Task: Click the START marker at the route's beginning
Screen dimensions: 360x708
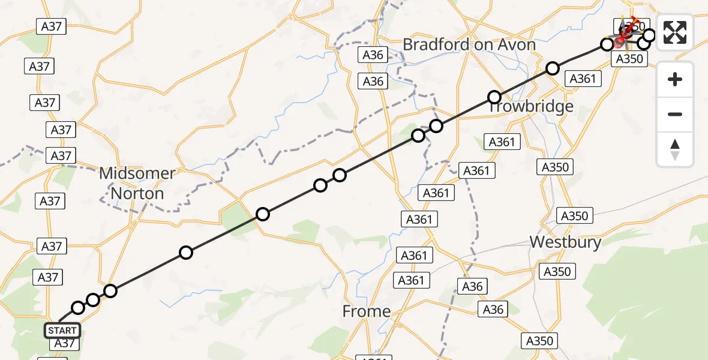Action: point(62,331)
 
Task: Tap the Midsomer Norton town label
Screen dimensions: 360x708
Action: point(137,183)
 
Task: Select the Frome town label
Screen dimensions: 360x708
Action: point(366,311)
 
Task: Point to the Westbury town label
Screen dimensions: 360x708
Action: point(566,242)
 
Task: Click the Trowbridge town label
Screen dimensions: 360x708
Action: point(530,107)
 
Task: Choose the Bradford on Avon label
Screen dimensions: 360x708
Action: point(469,44)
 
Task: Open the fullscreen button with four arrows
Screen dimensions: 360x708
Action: point(675,32)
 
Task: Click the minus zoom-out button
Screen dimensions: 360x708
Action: point(675,114)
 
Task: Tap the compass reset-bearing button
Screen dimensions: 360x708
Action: point(675,149)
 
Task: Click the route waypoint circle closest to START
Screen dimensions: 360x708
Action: point(78,308)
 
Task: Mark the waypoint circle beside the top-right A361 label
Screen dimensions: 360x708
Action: point(553,68)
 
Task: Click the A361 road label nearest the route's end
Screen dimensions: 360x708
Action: point(582,79)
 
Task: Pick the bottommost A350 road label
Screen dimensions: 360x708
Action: point(539,341)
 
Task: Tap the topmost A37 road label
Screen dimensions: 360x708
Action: point(51,26)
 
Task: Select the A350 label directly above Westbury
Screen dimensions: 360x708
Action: point(575,215)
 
